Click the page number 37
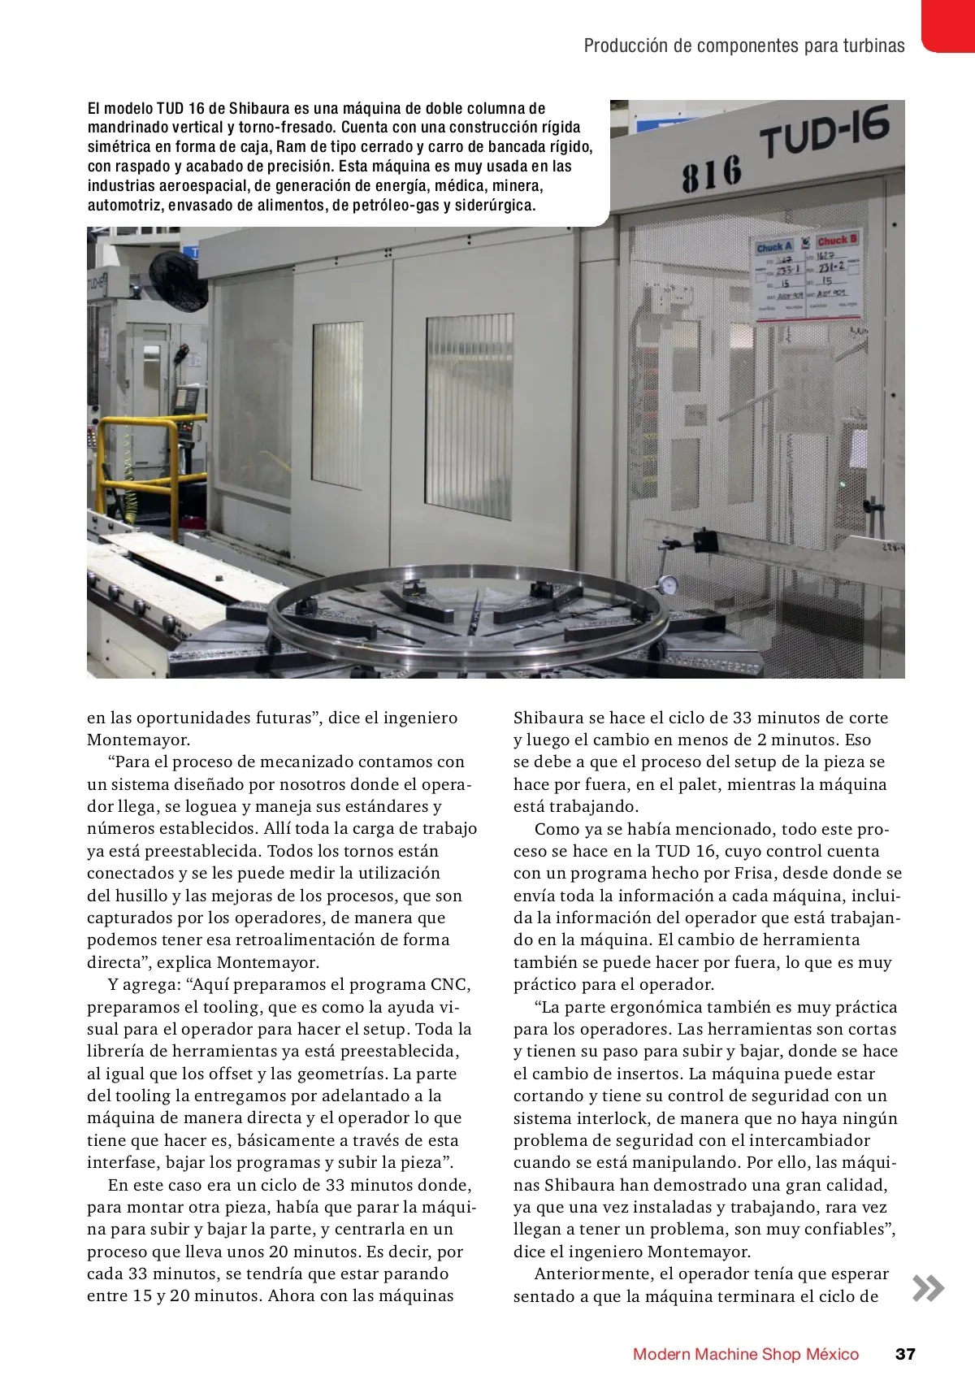pyautogui.click(x=905, y=1354)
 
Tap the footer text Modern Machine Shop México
pyautogui.click(x=745, y=1354)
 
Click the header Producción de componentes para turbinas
pyautogui.click(x=743, y=46)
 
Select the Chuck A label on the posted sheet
pyautogui.click(x=773, y=247)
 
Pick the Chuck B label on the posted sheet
pyautogui.click(x=836, y=241)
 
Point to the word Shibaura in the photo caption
pyautogui.click(x=258, y=109)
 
